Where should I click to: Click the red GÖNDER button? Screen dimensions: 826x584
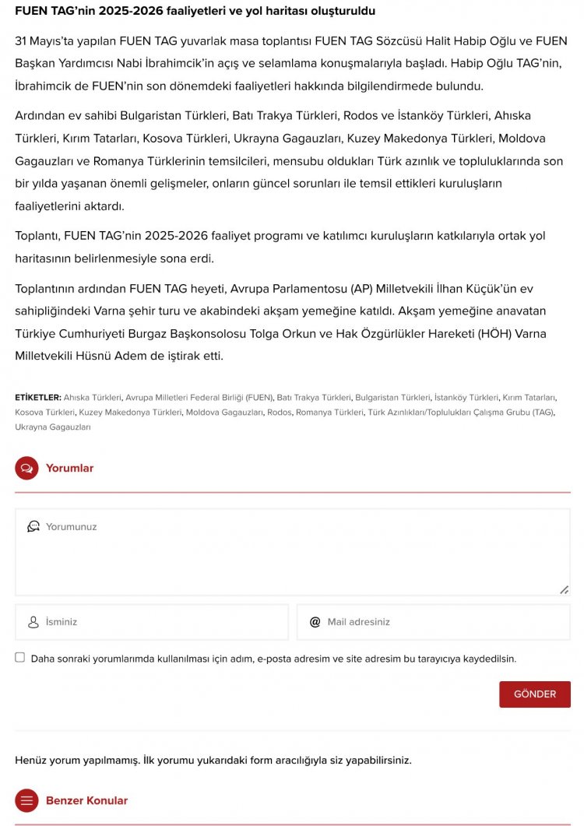534,694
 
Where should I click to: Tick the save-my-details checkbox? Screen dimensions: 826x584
20,657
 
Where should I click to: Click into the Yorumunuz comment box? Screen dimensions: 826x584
292,553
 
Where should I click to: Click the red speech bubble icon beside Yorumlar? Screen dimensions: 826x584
26,468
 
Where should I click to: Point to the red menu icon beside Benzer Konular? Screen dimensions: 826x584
26,800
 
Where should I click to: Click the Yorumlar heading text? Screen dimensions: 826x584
69,468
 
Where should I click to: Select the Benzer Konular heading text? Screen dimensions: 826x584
86,800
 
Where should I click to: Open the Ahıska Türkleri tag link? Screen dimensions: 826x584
92,397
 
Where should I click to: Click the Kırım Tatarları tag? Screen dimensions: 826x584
529,397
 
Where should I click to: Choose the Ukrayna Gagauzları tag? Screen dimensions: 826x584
52,427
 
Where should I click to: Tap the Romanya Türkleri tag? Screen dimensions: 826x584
329,412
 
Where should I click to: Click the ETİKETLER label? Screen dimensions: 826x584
37,397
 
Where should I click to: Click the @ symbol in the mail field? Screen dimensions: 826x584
315,622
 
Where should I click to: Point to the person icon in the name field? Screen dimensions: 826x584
33,622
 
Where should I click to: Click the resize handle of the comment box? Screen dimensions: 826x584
564,589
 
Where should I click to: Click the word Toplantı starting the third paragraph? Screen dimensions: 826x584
37,236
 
